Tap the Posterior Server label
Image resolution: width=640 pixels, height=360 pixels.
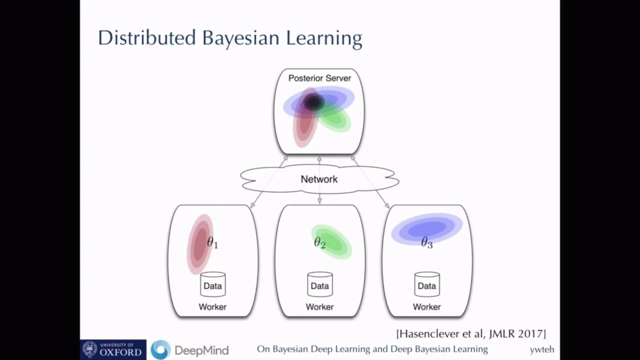point(319,78)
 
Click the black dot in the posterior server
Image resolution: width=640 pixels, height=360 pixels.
point(314,102)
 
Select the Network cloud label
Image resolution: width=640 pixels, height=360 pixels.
point(319,179)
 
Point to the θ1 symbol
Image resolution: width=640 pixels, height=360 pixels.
point(212,243)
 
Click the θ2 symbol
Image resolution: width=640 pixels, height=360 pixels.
point(319,243)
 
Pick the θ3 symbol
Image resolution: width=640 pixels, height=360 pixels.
point(426,243)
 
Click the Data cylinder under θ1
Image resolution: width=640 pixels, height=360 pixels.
point(212,285)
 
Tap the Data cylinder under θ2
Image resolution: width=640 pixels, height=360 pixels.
point(319,285)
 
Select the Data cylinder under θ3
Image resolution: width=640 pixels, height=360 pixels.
point(426,285)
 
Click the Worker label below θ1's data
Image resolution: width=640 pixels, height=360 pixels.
point(212,306)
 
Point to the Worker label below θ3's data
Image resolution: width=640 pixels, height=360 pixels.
point(426,306)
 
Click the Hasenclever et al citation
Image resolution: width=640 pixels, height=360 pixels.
point(470,333)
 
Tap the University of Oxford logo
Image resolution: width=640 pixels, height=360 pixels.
point(113,349)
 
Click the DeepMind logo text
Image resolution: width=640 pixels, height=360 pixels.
point(201,350)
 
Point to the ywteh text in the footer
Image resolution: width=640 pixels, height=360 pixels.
point(541,349)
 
